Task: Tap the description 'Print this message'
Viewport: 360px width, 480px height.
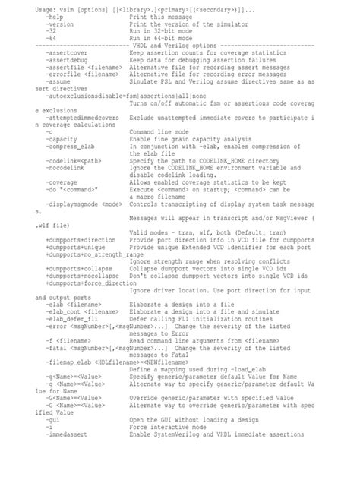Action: (162, 15)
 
